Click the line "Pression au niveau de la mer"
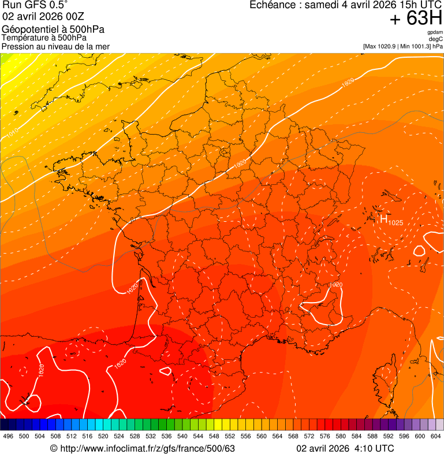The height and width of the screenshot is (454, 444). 55,46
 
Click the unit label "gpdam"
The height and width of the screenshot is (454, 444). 435,32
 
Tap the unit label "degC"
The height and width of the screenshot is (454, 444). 436,39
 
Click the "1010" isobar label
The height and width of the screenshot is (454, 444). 13,132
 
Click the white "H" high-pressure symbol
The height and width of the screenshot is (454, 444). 383,218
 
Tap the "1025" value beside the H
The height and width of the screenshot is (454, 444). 396,222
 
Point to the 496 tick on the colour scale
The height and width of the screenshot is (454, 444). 8,436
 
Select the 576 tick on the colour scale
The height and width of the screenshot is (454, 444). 325,436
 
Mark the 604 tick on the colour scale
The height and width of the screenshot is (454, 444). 436,436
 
